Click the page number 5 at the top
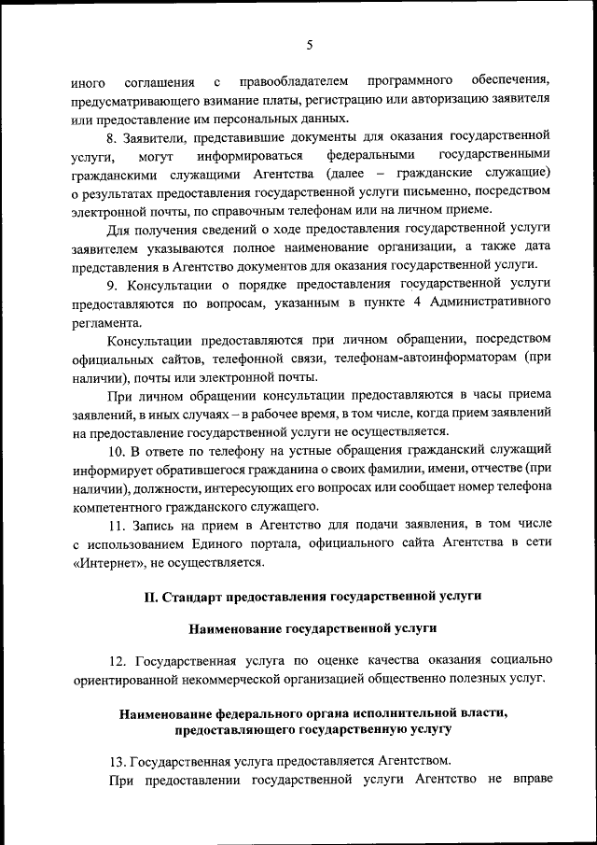[x=308, y=44]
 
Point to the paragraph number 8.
[x=112, y=136]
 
